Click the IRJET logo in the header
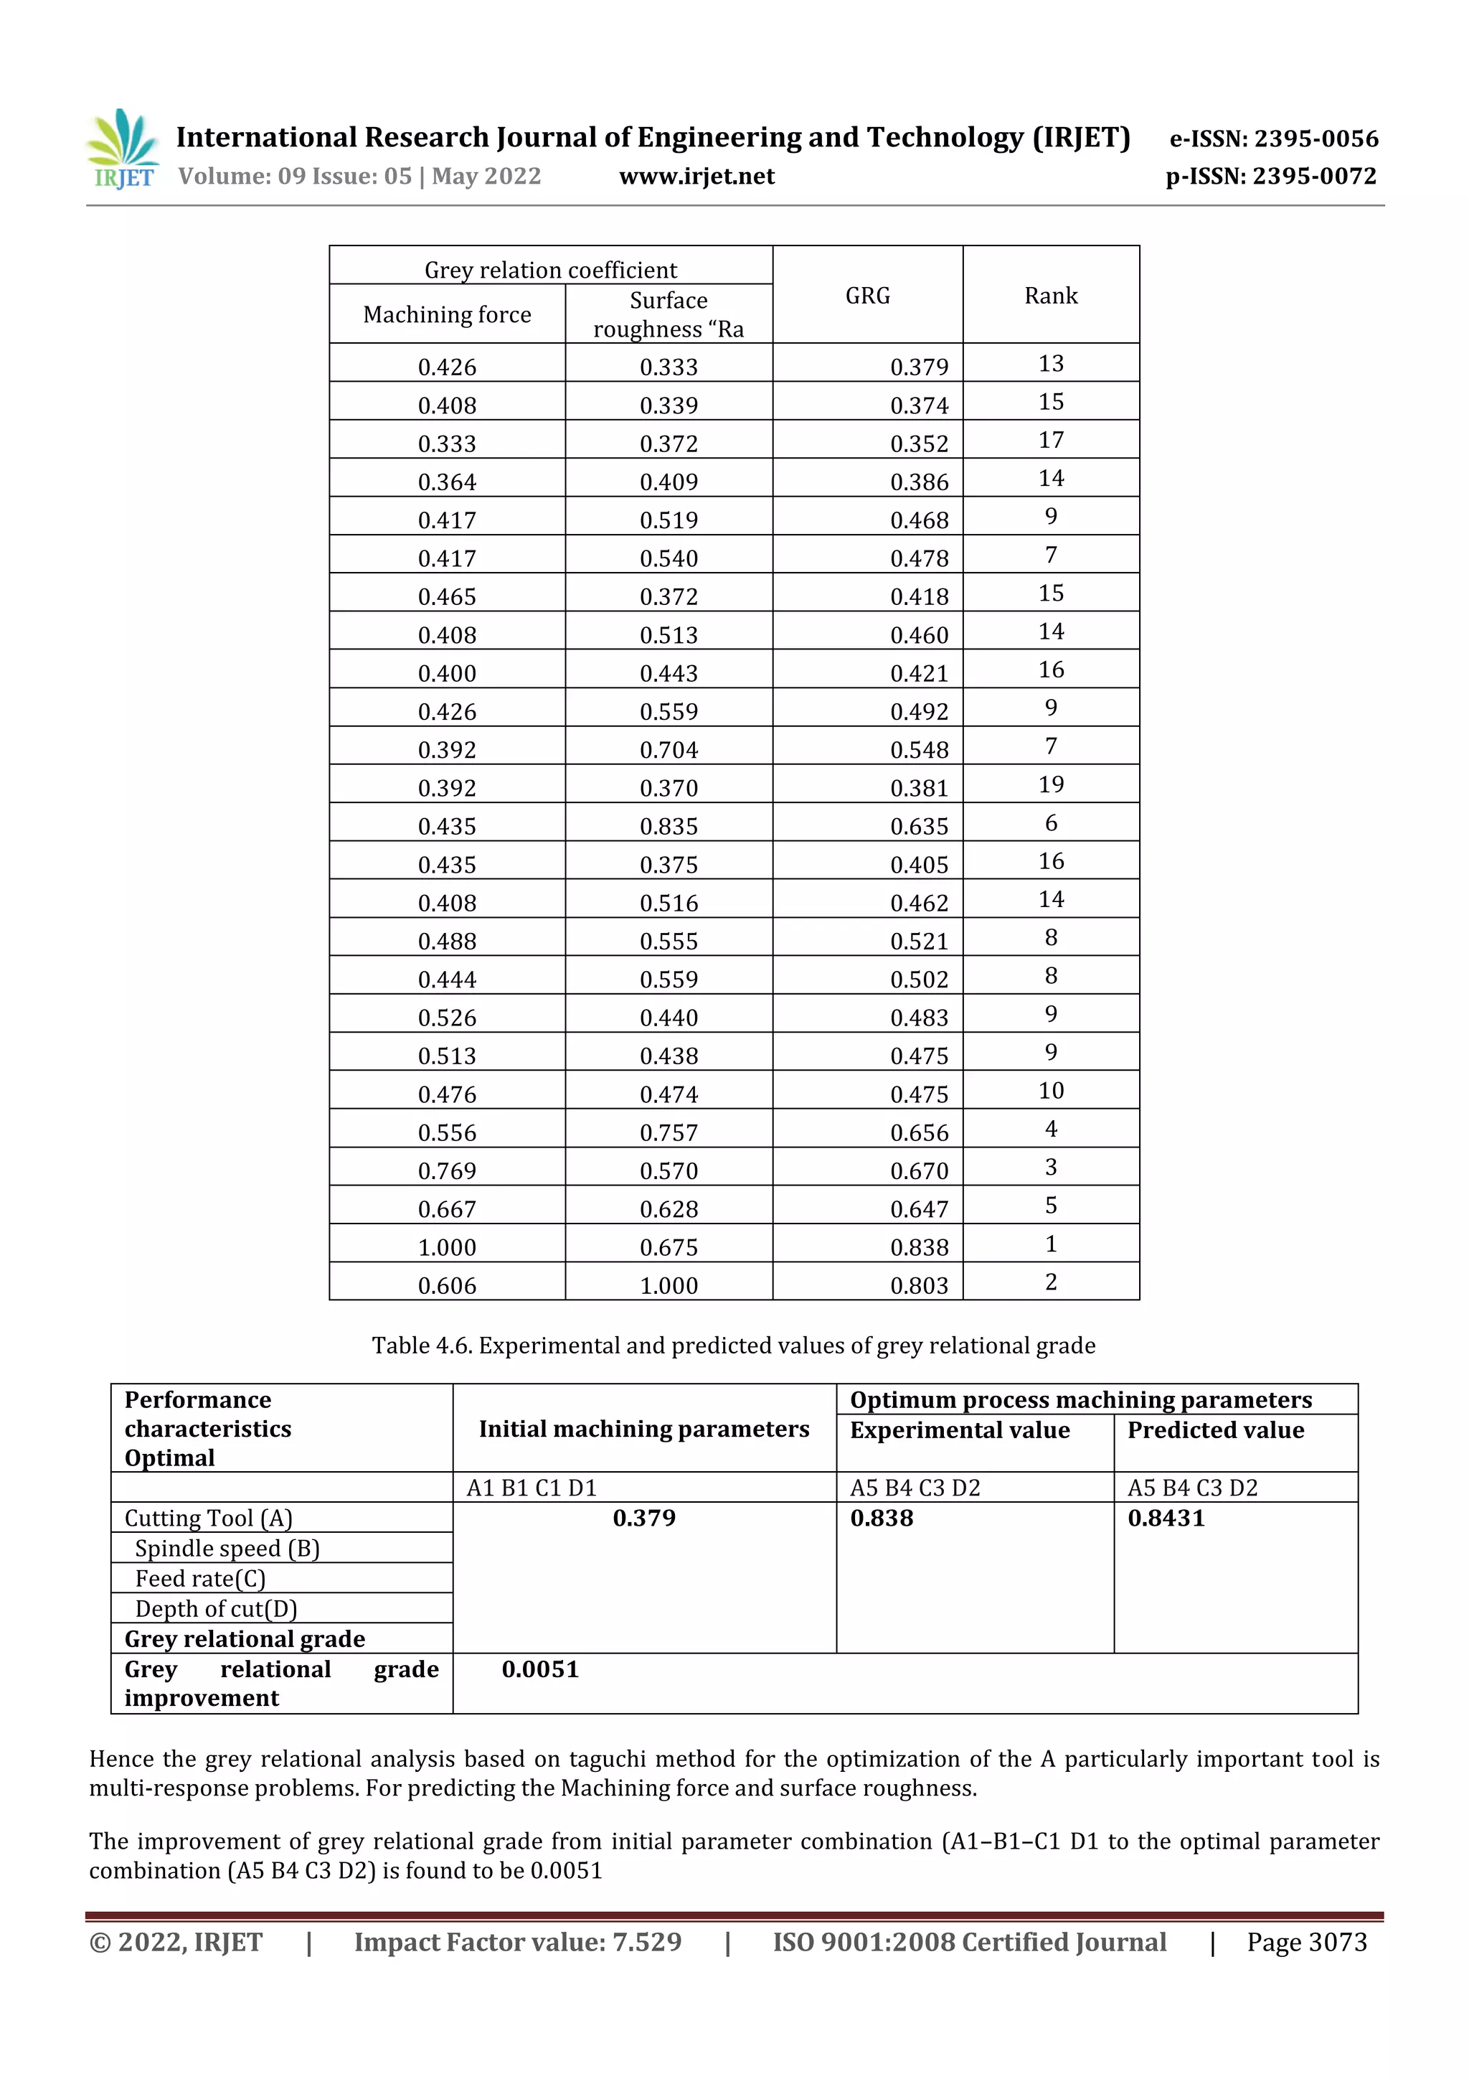click(124, 149)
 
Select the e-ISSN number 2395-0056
click(1273, 139)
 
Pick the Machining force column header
click(446, 314)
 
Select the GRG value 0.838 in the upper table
click(919, 1247)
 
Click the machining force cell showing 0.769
click(446, 1170)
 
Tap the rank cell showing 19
click(1050, 784)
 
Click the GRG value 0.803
click(919, 1285)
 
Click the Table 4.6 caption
click(733, 1346)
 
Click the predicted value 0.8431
click(1166, 1519)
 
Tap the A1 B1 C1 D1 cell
click(532, 1488)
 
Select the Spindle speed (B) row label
click(227, 1549)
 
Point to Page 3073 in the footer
click(1306, 1942)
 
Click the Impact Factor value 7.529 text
click(517, 1942)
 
